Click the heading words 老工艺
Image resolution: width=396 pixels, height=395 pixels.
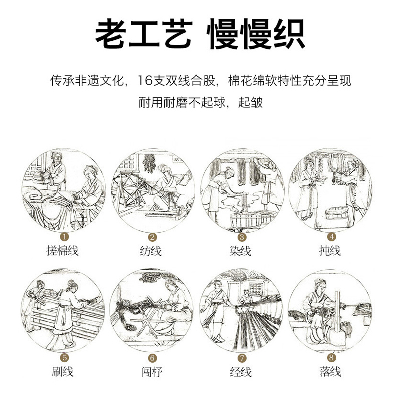(x=144, y=34)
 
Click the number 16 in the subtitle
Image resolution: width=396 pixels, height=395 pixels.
(x=145, y=81)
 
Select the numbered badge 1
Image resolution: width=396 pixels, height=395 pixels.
(x=64, y=237)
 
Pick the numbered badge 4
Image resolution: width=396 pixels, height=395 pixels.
(x=332, y=237)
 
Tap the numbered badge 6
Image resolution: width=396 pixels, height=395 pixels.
(x=152, y=358)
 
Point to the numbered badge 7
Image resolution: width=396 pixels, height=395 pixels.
(x=242, y=358)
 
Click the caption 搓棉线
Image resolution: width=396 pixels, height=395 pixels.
(x=62, y=251)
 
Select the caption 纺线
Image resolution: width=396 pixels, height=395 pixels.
(x=151, y=251)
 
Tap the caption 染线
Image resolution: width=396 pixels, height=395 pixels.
(x=240, y=251)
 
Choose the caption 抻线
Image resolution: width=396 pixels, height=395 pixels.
(x=330, y=251)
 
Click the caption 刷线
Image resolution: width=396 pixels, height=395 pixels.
(x=62, y=372)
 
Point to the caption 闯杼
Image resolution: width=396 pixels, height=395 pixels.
(x=151, y=372)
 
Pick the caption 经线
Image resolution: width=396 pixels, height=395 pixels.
(x=241, y=372)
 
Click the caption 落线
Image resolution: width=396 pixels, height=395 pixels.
(x=330, y=372)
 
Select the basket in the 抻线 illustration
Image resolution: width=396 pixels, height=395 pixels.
(x=337, y=213)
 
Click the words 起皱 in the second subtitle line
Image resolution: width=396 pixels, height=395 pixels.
(x=250, y=103)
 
